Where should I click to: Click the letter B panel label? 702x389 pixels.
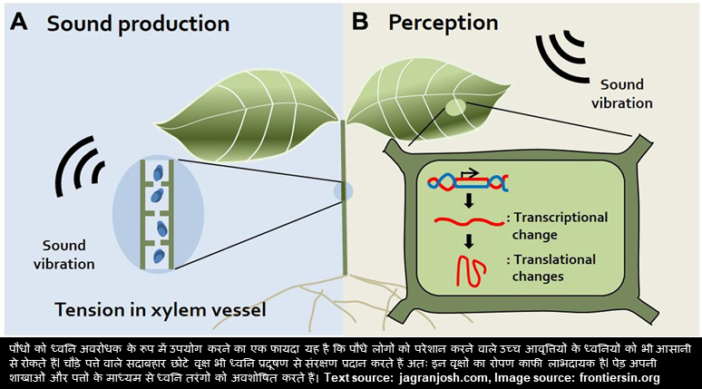point(360,22)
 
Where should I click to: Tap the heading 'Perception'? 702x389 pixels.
point(444,22)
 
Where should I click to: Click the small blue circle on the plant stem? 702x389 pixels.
point(343,191)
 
